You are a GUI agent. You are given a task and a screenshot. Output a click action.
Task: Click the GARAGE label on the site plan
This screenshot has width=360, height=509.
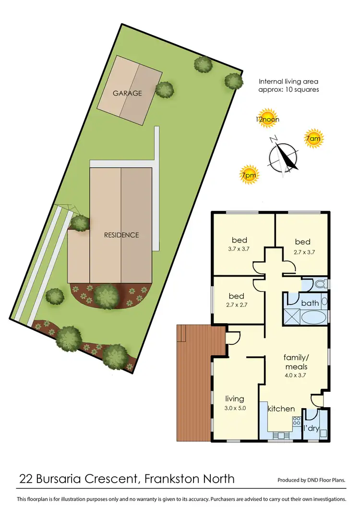pyautogui.click(x=127, y=93)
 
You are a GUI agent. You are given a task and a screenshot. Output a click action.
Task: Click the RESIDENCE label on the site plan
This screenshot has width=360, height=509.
pyautogui.click(x=121, y=235)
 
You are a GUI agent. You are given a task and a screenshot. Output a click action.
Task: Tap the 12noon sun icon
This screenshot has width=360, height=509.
pyautogui.click(x=267, y=120)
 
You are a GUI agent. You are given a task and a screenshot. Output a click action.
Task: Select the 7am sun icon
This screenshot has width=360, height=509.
pyautogui.click(x=313, y=139)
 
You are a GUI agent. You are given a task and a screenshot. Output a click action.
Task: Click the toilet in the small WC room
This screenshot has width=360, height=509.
pyautogui.click(x=320, y=284)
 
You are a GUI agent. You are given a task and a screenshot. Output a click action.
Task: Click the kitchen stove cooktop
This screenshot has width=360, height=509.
pyautogui.click(x=296, y=423)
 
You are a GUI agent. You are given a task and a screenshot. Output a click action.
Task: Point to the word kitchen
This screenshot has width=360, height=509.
pyautogui.click(x=281, y=409)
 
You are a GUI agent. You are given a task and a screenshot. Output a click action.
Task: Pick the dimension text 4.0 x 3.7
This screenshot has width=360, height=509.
pyautogui.click(x=295, y=375)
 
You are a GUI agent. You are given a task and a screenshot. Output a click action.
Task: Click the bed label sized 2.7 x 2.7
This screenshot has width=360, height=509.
pyautogui.click(x=237, y=296)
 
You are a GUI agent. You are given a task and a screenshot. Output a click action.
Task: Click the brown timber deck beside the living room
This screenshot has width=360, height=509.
pyautogui.click(x=193, y=384)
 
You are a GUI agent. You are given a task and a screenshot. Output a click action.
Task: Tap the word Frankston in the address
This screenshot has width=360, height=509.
pyautogui.click(x=176, y=478)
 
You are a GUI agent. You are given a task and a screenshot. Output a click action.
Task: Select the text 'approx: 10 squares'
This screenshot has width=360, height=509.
pyautogui.click(x=288, y=89)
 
